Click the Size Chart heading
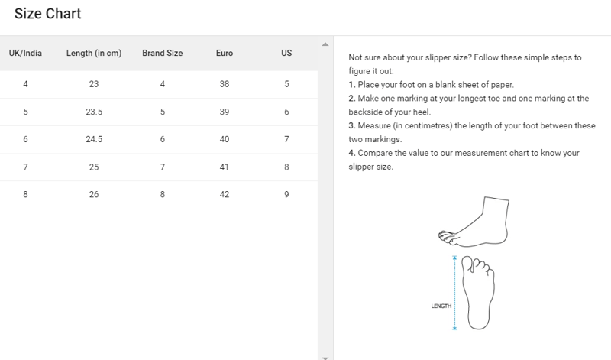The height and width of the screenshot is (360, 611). point(47,14)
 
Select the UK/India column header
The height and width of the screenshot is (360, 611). point(25,54)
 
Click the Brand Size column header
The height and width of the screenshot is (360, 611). point(163,54)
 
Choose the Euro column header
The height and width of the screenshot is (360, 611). point(224,54)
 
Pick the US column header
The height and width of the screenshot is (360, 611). point(286,54)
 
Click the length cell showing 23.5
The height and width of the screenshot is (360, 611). point(94,112)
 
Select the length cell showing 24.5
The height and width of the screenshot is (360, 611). point(94,139)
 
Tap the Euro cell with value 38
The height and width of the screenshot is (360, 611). point(224,83)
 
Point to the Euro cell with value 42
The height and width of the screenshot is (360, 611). point(224,195)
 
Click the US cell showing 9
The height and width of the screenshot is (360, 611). point(286,195)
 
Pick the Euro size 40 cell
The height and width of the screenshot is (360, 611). point(224,139)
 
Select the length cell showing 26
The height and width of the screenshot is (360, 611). point(94,195)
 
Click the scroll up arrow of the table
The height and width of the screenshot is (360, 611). point(325,44)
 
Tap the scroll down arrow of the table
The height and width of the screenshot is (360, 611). point(325,355)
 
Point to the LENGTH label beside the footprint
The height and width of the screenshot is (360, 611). point(441,306)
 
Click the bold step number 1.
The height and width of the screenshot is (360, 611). point(351,84)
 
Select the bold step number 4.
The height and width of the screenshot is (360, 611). point(351,153)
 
